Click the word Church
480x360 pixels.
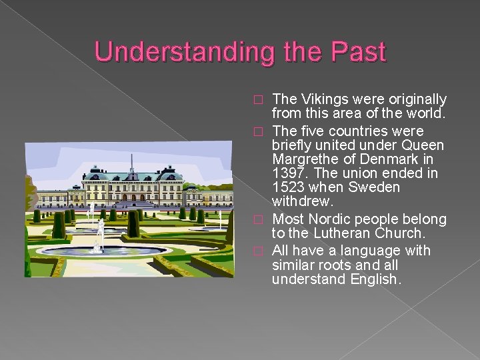click(401, 233)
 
